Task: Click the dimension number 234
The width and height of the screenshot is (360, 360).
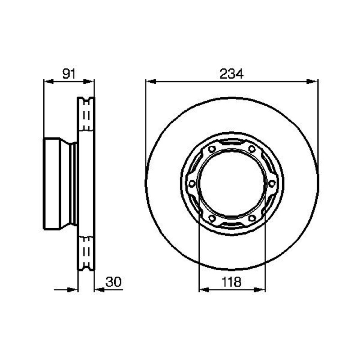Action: click(231, 74)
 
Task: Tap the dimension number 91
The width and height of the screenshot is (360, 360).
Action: click(69, 74)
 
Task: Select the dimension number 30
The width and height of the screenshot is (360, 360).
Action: click(113, 282)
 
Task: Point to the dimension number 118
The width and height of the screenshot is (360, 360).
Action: click(231, 282)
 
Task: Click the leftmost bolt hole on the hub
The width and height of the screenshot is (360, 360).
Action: click(192, 184)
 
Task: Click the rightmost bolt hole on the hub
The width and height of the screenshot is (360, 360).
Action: click(272, 184)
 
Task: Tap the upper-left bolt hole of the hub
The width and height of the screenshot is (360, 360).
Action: click(212, 149)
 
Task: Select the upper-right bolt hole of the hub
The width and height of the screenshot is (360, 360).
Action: click(252, 149)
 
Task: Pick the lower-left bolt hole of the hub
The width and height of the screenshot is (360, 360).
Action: click(212, 218)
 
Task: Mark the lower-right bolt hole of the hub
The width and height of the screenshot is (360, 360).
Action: click(252, 218)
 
